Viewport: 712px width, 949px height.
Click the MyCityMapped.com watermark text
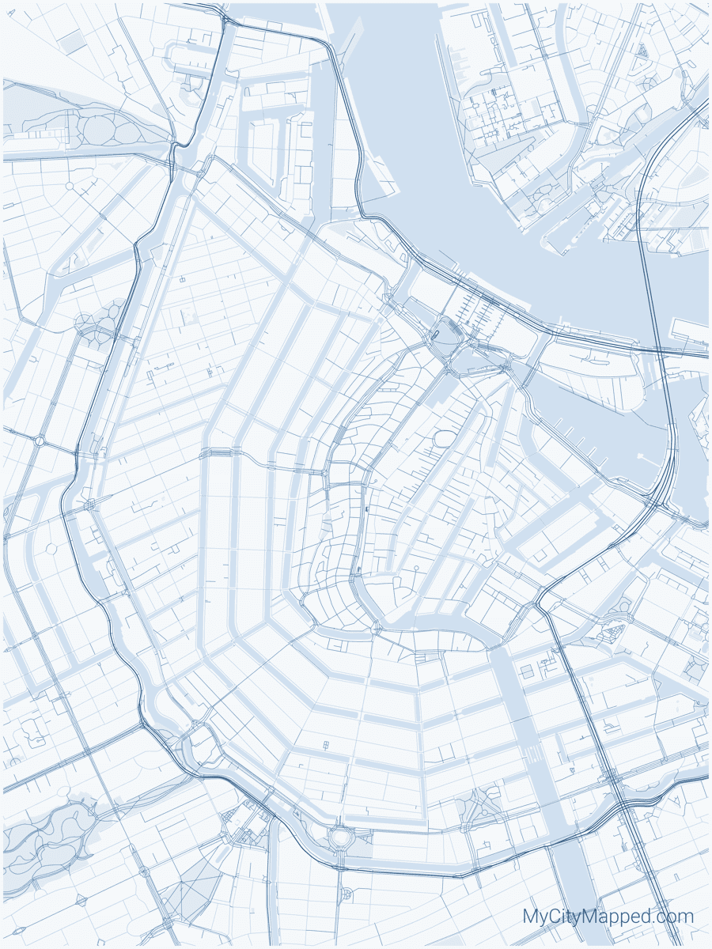point(608,917)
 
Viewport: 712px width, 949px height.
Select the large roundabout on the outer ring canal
point(342,835)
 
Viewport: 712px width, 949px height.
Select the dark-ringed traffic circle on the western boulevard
point(39,440)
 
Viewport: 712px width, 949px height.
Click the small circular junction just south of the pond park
point(70,187)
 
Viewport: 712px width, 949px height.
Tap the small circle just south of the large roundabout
point(346,894)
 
